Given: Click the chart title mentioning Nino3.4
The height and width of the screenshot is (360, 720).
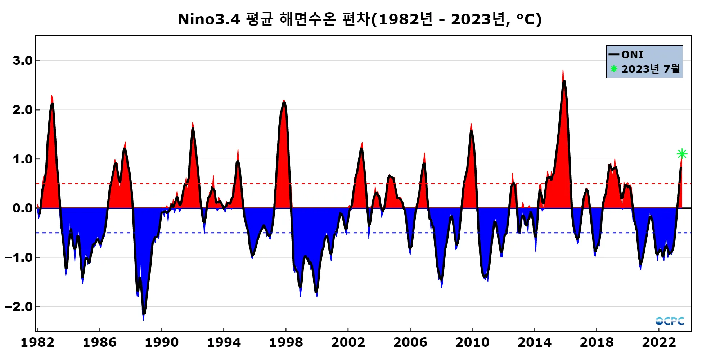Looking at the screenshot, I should tap(360, 19).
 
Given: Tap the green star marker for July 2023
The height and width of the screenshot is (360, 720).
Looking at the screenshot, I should tap(682, 154).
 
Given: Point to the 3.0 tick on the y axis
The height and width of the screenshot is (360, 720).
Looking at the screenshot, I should tap(22, 60).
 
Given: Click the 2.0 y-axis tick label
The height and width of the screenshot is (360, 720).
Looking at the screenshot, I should tap(22, 110).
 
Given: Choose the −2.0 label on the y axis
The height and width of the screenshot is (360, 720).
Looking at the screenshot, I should tap(19, 307).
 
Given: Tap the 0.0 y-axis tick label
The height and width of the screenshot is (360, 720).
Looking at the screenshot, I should tap(22, 208).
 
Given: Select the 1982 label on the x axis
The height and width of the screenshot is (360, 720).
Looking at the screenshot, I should tap(37, 342).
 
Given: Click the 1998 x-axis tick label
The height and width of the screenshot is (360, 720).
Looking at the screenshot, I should tap(286, 342).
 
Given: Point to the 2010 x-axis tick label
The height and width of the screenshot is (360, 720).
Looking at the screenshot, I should tap(472, 342).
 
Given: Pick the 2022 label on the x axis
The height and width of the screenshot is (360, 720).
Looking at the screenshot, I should tap(659, 342).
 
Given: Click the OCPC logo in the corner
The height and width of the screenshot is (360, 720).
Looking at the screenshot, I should tap(670, 321).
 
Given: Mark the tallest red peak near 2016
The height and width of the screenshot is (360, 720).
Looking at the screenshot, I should tap(563, 71).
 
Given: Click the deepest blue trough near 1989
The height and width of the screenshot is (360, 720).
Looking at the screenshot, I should tap(143, 319).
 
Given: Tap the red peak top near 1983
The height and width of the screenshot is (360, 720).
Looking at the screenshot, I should tap(51, 96).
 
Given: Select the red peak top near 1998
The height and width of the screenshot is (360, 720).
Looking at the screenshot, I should tap(284, 101).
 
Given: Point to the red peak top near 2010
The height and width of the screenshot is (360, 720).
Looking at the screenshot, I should tap(471, 125).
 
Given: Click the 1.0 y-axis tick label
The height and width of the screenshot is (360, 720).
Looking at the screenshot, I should tap(22, 159).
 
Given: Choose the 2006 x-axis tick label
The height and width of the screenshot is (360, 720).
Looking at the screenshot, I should tap(410, 342).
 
